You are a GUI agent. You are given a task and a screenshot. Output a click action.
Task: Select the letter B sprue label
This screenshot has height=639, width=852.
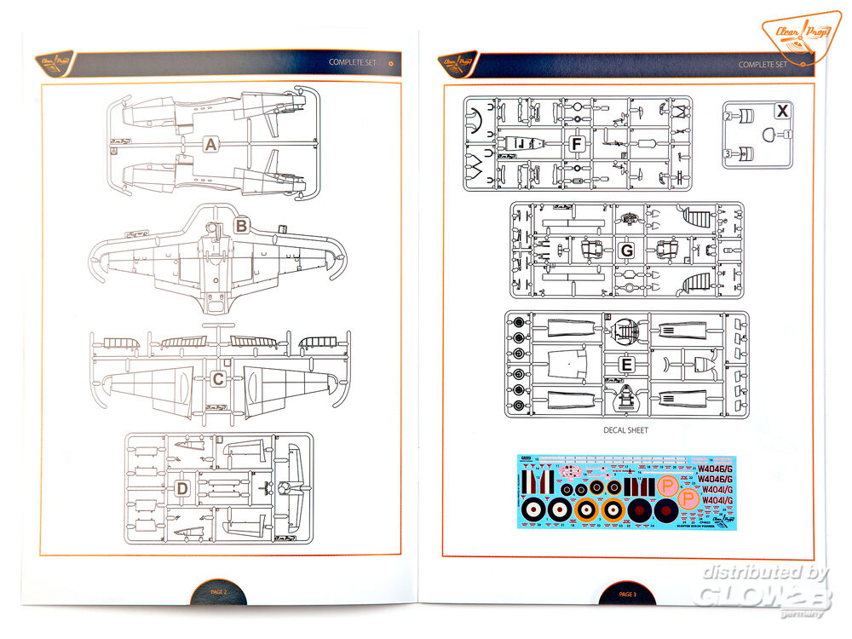(x=241, y=227)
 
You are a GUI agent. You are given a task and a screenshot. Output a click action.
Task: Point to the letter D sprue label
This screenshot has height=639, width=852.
(x=181, y=488)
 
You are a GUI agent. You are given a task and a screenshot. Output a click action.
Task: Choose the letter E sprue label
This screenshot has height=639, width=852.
(x=627, y=365)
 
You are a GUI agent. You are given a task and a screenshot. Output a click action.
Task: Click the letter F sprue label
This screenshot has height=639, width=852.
(x=577, y=145)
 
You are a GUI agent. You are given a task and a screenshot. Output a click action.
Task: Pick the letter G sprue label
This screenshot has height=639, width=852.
(x=627, y=250)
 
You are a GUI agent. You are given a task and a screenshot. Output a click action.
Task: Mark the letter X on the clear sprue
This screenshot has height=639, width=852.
(x=782, y=110)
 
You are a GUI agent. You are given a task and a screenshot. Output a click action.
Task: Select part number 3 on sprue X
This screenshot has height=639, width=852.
(x=728, y=153)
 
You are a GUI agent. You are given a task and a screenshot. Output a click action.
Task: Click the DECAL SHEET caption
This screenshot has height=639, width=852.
(x=625, y=430)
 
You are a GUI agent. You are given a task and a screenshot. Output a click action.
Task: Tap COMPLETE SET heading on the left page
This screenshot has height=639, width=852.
(x=351, y=63)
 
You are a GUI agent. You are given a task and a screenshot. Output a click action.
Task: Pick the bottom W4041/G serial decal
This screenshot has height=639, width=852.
(x=720, y=500)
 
